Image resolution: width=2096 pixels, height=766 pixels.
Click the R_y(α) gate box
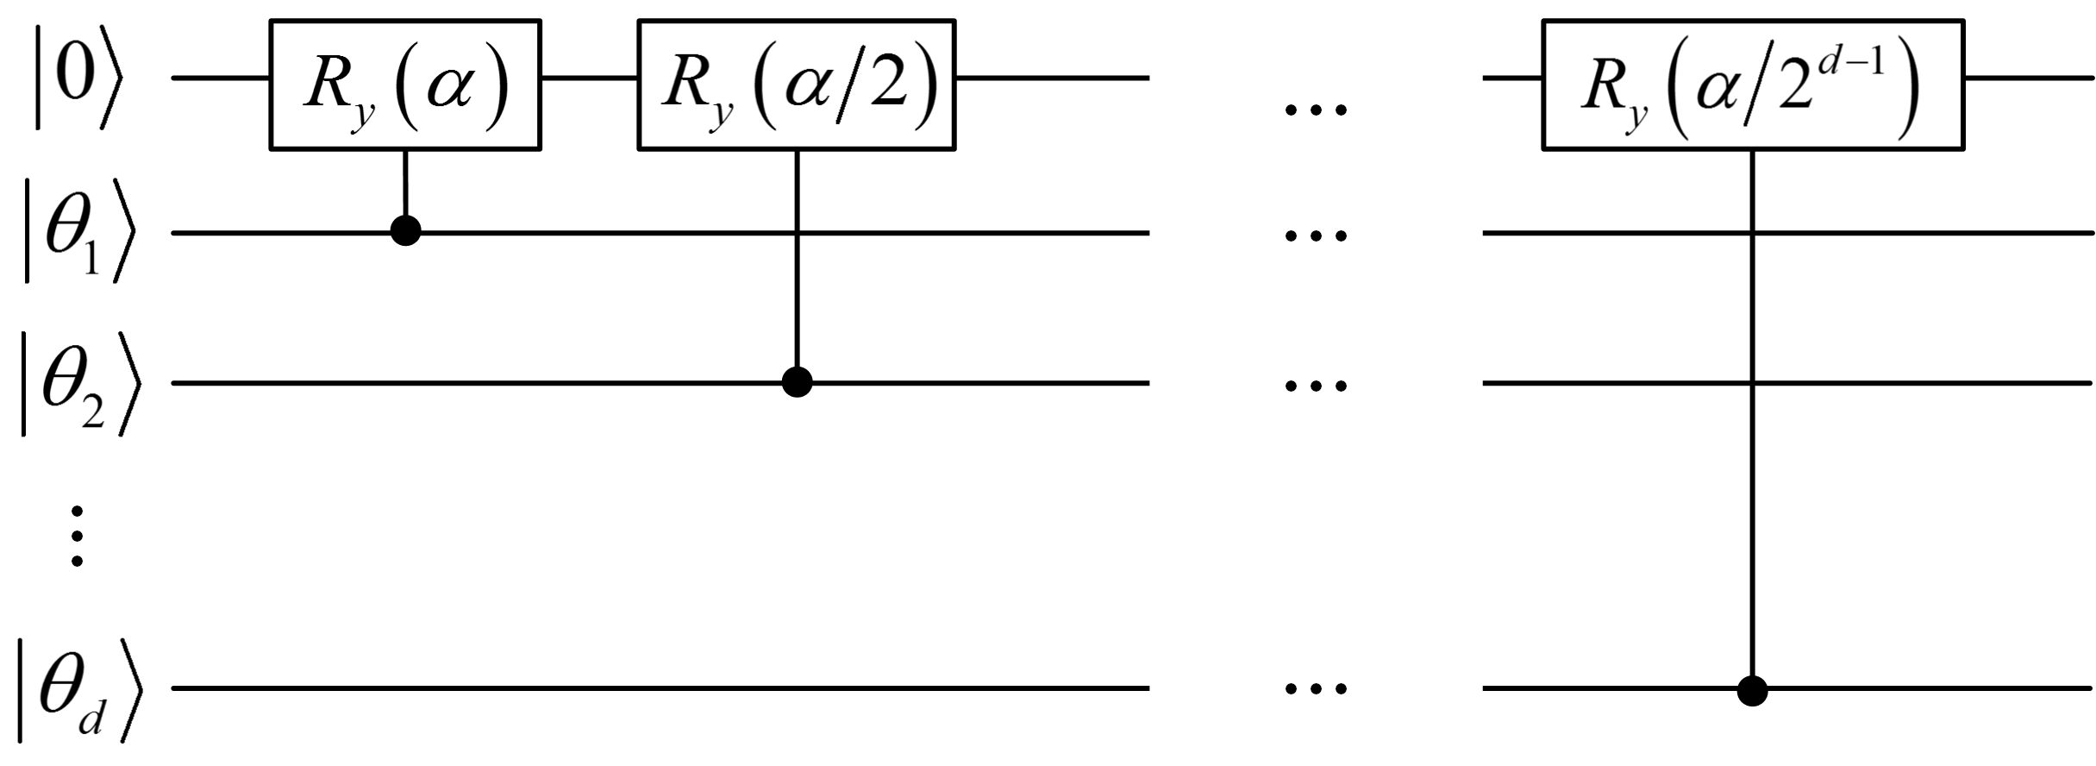(405, 85)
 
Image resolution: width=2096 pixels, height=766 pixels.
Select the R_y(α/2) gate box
(796, 85)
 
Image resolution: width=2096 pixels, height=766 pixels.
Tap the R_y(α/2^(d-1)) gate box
(1753, 85)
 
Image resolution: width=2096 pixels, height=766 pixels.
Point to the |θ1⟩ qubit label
(78, 231)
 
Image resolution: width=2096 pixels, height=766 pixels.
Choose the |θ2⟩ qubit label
(78, 382)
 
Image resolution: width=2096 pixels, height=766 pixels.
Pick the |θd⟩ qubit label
(78, 688)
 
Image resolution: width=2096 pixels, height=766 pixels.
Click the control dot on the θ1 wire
(405, 230)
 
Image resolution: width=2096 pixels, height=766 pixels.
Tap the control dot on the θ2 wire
(797, 381)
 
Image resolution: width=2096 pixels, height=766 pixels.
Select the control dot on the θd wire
(1753, 690)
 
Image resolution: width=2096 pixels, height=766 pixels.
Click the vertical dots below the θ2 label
(77, 536)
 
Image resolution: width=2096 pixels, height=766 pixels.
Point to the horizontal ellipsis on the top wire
(1316, 110)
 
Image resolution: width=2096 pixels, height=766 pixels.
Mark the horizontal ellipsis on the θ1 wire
(1316, 235)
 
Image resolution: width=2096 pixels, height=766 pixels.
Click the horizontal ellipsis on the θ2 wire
(1316, 386)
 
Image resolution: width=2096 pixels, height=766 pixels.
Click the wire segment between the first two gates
(589, 78)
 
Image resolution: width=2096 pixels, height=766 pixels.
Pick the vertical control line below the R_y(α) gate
(405, 185)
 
